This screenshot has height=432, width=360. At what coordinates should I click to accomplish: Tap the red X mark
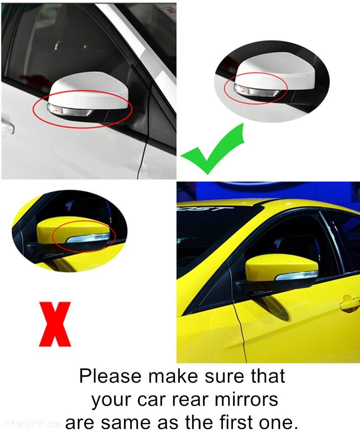pos(54,324)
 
